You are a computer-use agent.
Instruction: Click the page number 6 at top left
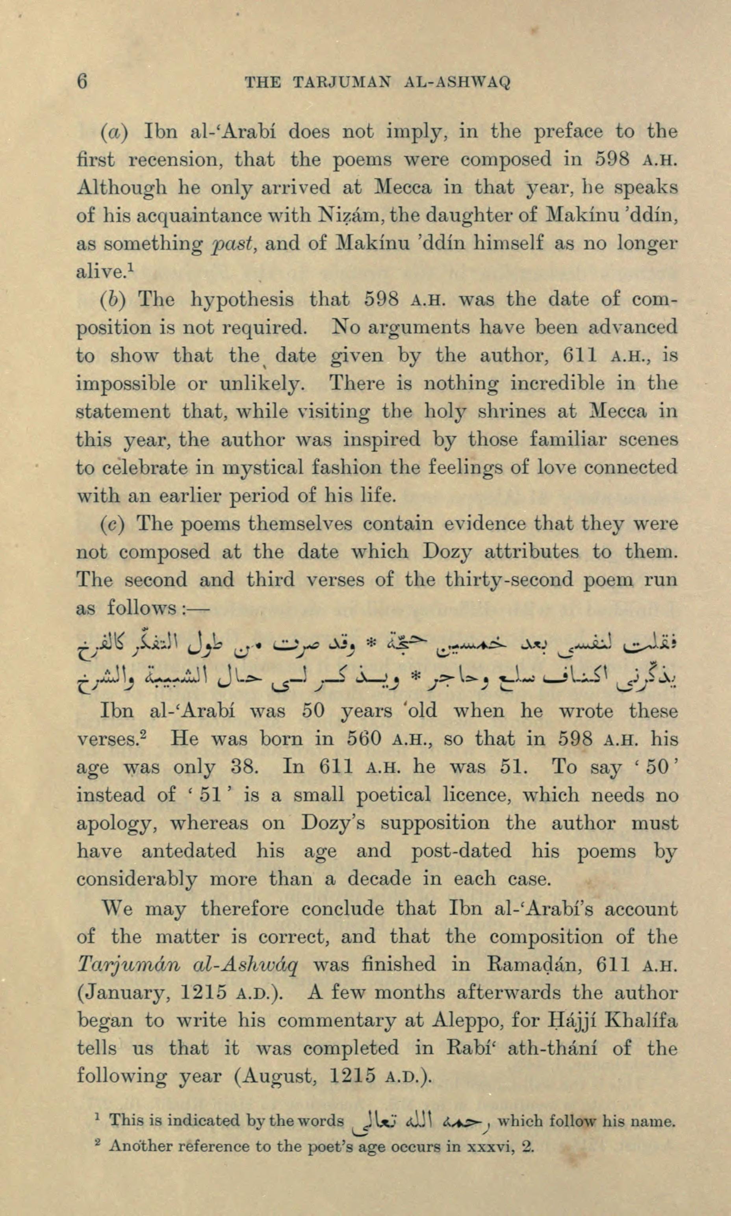[83, 81]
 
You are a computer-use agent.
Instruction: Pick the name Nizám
[349, 215]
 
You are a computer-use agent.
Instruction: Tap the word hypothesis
[242, 299]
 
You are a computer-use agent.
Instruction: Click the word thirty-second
[509, 580]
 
